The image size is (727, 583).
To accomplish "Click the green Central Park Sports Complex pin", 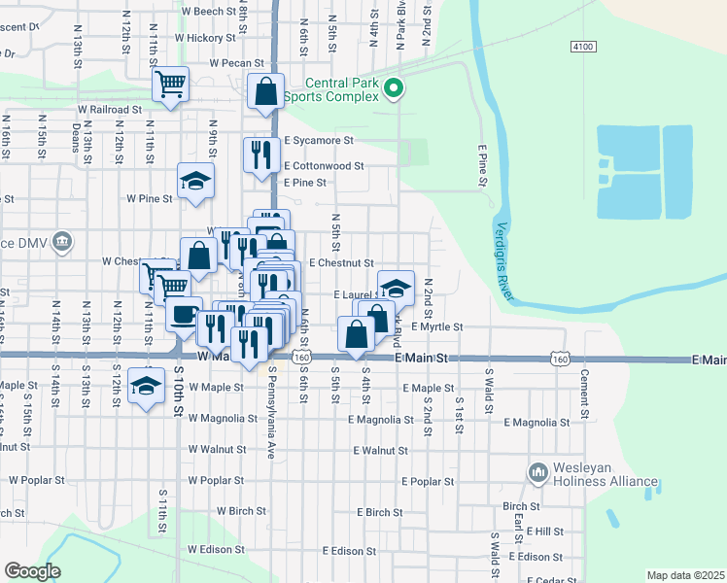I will click(393, 89).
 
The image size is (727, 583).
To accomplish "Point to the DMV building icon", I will click(61, 241).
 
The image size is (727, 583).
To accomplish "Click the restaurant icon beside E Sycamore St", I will click(260, 154).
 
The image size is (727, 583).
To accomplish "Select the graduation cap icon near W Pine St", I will click(195, 180).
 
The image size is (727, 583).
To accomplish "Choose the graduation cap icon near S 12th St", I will click(146, 386).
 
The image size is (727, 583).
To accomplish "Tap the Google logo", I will click(32, 571).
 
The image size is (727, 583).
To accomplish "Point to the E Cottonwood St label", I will click(325, 166).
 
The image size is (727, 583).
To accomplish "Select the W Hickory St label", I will click(205, 38).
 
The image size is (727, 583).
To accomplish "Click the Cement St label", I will click(585, 389).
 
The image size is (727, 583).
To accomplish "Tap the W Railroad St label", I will click(110, 110).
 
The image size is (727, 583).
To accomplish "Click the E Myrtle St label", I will click(436, 327).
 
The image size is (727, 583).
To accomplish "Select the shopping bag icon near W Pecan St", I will click(265, 90).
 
